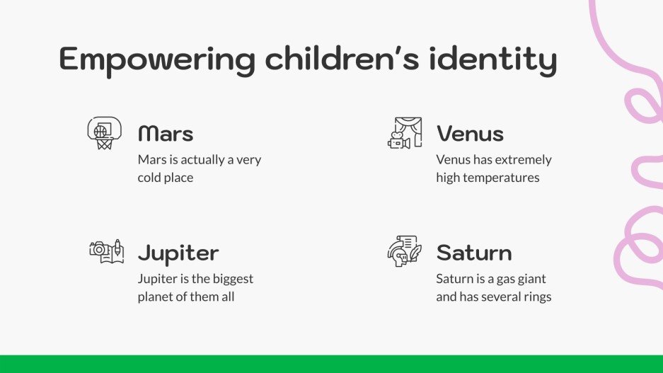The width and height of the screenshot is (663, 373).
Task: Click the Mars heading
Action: pyautogui.click(x=166, y=133)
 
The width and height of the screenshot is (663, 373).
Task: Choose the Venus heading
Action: pyautogui.click(x=470, y=133)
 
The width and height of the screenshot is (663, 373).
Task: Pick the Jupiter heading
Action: pyautogui.click(x=178, y=253)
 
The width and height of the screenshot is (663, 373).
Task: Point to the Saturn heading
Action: pyautogui.click(x=474, y=253)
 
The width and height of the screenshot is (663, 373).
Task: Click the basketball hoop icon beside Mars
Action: pyautogui.click(x=104, y=133)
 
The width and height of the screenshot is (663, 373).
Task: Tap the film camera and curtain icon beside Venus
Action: pyautogui.click(x=405, y=133)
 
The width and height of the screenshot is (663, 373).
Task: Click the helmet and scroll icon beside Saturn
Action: pyautogui.click(x=405, y=251)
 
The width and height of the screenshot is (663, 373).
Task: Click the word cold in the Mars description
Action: pyautogui.click(x=150, y=178)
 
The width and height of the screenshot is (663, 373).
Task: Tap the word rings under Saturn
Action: pyautogui.click(x=536, y=297)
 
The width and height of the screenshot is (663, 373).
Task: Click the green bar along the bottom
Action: pyautogui.click(x=331, y=364)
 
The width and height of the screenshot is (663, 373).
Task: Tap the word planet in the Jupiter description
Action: pyautogui.click(x=156, y=297)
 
